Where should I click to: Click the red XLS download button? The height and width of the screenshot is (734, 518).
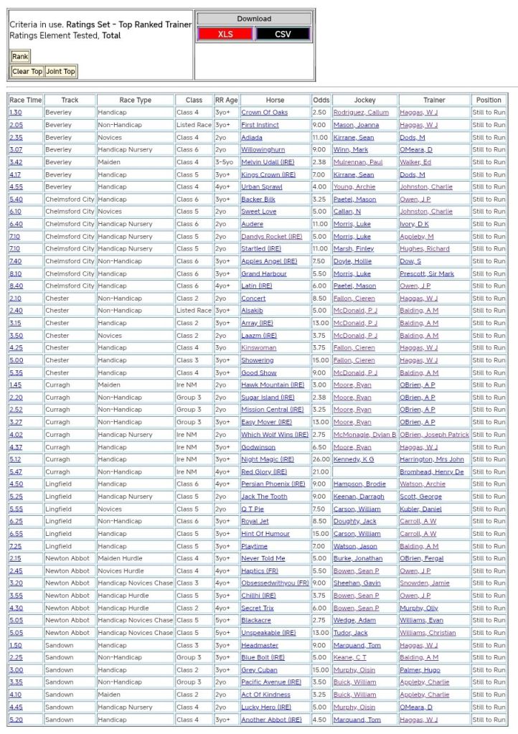225,34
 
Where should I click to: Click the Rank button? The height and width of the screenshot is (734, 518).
20,57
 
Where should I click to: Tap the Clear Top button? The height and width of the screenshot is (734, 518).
27,72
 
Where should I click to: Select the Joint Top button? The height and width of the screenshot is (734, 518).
60,72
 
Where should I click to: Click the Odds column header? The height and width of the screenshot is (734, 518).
321,100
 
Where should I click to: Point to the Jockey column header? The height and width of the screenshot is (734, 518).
364,100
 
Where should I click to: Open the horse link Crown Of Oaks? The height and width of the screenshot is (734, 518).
264,113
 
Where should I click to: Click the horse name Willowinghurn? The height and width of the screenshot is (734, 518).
263,150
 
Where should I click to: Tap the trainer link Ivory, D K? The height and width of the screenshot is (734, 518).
414,224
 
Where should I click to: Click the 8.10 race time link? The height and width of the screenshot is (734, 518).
15,273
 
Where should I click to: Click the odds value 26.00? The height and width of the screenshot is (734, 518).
321,459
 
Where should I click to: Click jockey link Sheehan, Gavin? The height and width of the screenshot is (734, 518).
357,583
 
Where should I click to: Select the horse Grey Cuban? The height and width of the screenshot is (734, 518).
258,670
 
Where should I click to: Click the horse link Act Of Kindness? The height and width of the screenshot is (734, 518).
265,695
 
